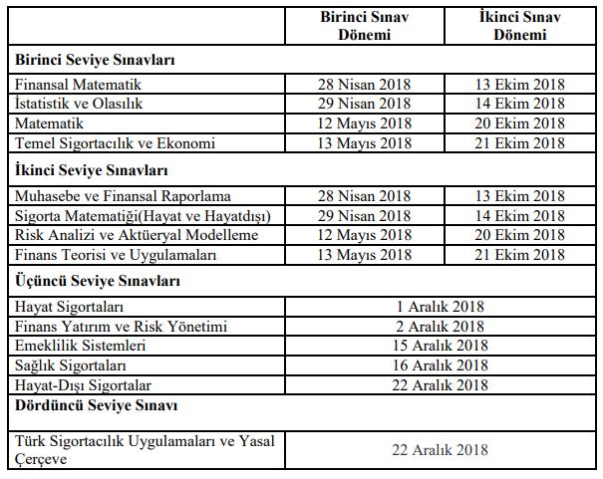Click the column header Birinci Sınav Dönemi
pos(364,26)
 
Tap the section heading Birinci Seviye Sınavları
pos(95,61)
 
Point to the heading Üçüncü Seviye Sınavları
pos(98,281)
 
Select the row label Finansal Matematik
pos(79,85)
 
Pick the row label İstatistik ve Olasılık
pos(79,105)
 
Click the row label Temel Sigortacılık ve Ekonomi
pos(115,143)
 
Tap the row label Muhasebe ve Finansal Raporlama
pos(123,195)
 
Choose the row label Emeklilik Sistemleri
pos(81,346)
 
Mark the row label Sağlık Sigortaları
pos(76,364)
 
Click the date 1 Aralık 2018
pos(440,306)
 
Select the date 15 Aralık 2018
pos(440,346)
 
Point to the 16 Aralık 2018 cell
pos(440,364)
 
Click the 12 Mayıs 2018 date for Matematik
pos(365,123)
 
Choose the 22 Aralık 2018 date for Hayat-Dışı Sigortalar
pos(440,384)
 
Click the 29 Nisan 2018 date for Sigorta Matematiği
pos(365,215)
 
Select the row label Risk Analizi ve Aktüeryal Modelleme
pos(137,235)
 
